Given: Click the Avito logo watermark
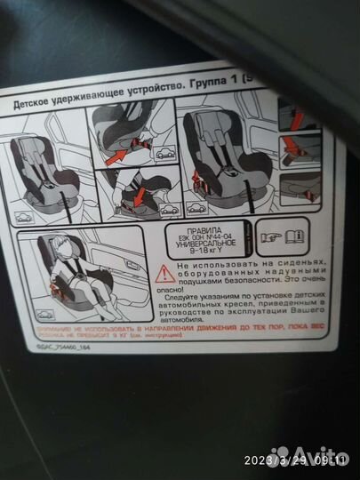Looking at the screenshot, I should tap(307, 454).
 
